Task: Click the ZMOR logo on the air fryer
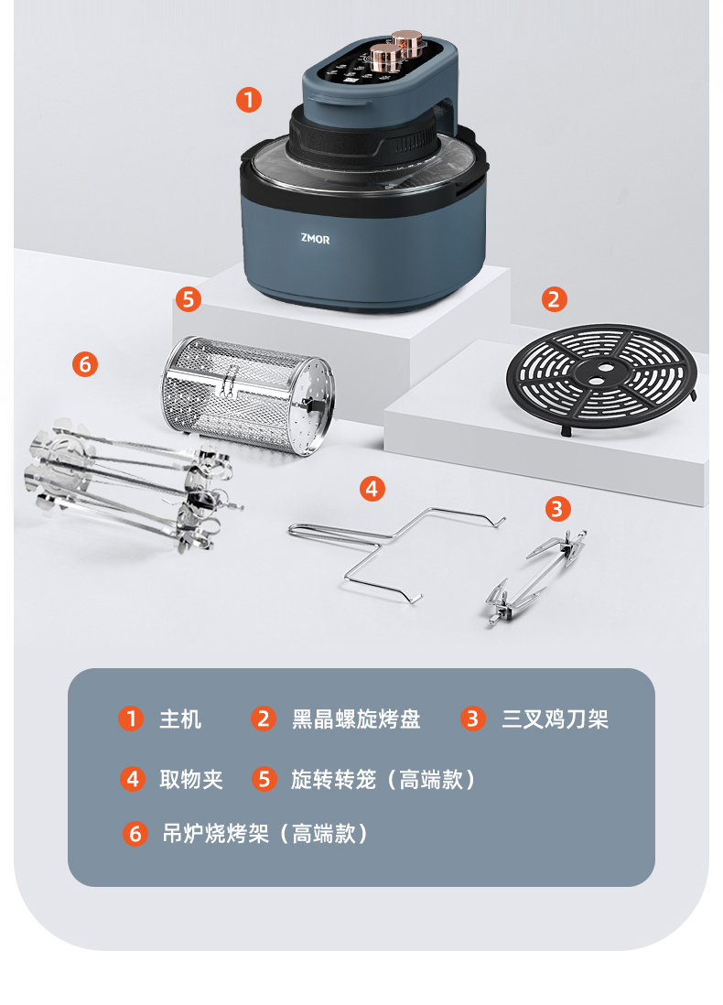click(316, 239)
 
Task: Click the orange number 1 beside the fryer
click(249, 100)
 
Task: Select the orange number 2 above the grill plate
click(555, 299)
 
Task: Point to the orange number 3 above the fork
click(557, 509)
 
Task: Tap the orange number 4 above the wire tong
click(372, 489)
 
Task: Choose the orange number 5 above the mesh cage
click(189, 299)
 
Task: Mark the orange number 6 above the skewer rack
click(85, 364)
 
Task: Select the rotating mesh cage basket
click(247, 395)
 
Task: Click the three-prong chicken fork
click(535, 577)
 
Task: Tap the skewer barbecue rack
click(134, 484)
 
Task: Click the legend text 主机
click(180, 719)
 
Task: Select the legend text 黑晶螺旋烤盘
click(356, 719)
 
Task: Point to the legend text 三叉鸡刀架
click(556, 719)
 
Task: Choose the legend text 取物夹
click(191, 780)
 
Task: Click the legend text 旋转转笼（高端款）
click(383, 780)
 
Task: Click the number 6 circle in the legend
click(135, 833)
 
